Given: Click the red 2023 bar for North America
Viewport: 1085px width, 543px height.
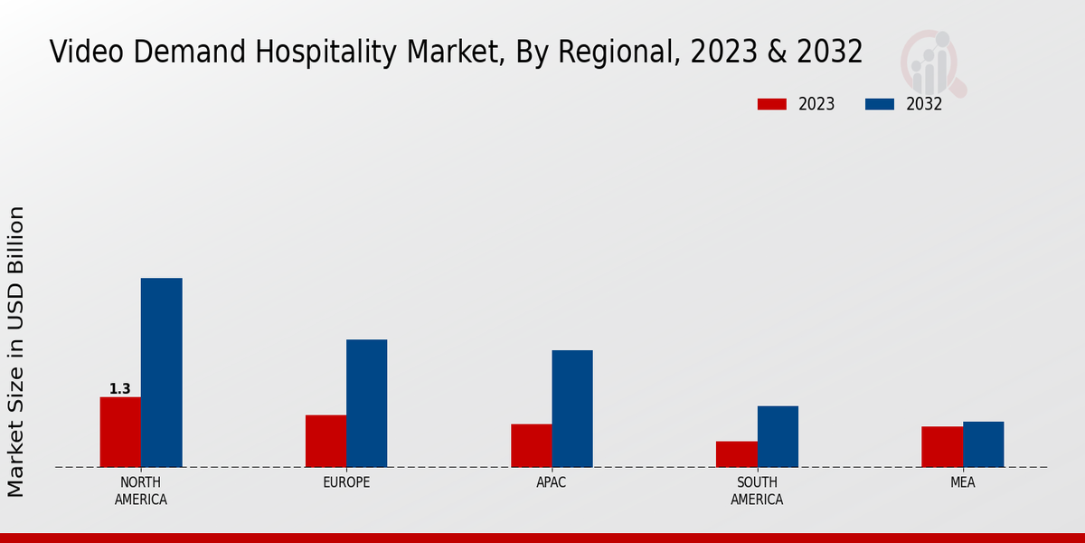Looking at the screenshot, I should pos(120,432).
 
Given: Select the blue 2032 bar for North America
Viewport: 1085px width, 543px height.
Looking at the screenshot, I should pos(161,372).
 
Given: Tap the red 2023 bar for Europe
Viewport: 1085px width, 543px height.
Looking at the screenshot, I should pos(325,441).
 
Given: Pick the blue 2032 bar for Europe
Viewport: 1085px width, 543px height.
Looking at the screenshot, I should pos(366,403).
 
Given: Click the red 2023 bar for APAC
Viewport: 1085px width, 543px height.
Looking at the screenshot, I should pos(531,445).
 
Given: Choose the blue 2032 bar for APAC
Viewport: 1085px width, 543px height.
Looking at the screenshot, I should pos(572,408).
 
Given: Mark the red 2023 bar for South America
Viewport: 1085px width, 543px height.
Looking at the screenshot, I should pos(736,453).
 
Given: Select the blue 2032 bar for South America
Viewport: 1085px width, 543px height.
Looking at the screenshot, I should pos(778,436).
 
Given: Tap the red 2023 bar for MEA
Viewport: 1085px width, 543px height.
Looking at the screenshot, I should pos(942,446).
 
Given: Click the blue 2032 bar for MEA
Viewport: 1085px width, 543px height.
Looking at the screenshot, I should pos(983,444).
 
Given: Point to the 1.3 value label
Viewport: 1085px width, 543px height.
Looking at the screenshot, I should pos(119,389).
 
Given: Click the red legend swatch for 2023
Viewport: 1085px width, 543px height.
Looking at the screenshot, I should pos(771,104).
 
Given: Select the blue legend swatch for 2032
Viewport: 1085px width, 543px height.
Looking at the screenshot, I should pos(879,104).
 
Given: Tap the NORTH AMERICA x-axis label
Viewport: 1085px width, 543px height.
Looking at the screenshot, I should pos(140,491).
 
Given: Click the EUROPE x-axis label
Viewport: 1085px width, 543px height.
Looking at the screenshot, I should pos(346,482).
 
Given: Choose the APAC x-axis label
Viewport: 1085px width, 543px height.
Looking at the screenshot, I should pos(552,482).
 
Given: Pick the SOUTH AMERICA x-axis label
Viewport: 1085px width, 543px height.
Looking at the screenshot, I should pos(757,491).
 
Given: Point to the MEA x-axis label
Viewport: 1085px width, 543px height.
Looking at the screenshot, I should pos(962,482).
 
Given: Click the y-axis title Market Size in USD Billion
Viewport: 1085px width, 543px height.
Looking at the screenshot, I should pos(16,351).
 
